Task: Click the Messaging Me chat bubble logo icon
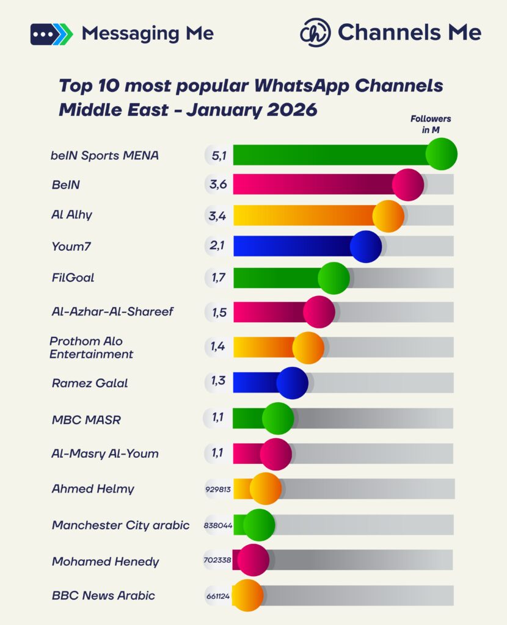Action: tap(51, 34)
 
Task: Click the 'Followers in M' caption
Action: tap(431, 124)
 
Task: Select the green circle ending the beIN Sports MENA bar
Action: tap(441, 154)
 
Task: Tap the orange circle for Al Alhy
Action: tap(388, 216)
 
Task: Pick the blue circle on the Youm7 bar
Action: tap(366, 247)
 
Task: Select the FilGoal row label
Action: tap(73, 278)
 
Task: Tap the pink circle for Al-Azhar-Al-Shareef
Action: tap(319, 312)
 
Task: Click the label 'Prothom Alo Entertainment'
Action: tap(91, 347)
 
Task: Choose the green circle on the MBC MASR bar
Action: tap(278, 419)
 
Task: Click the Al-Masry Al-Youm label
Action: tap(105, 453)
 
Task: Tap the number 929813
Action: tap(218, 490)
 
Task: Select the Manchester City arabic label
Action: tap(120, 525)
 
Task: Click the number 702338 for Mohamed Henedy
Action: tap(217, 560)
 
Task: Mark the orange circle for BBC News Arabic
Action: tap(247, 596)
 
